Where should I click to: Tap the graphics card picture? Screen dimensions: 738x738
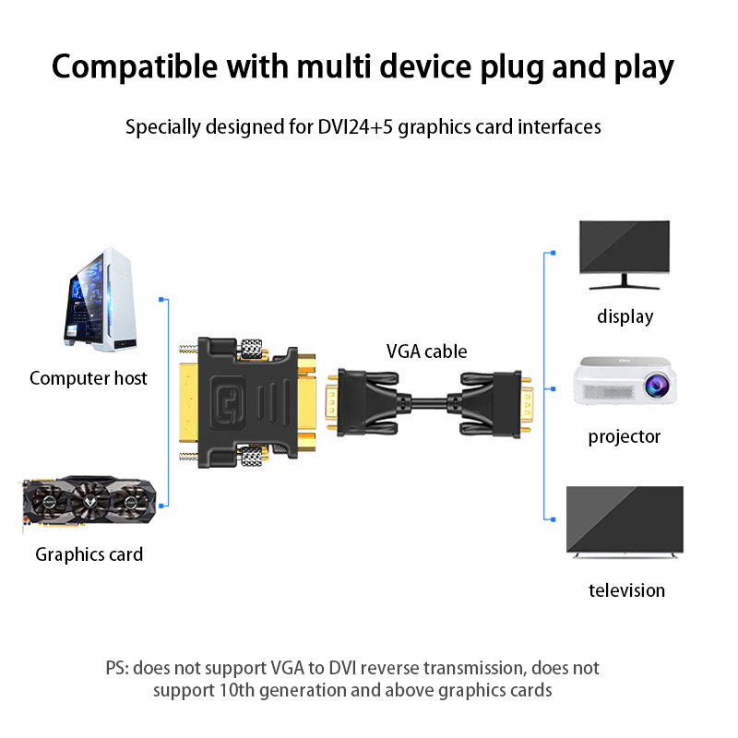click(x=88, y=506)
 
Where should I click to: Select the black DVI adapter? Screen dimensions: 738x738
click(x=247, y=402)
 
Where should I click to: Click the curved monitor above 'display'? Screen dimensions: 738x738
click(x=624, y=247)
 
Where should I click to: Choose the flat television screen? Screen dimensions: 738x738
click(x=625, y=520)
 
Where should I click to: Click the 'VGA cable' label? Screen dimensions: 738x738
click(x=426, y=351)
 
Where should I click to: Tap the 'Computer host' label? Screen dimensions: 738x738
click(x=89, y=378)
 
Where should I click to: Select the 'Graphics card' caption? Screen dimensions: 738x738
click(x=89, y=554)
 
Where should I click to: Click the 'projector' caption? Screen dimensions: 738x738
click(x=625, y=436)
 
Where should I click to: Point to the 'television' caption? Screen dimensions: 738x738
click(x=626, y=590)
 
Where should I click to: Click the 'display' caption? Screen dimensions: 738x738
click(x=625, y=316)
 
